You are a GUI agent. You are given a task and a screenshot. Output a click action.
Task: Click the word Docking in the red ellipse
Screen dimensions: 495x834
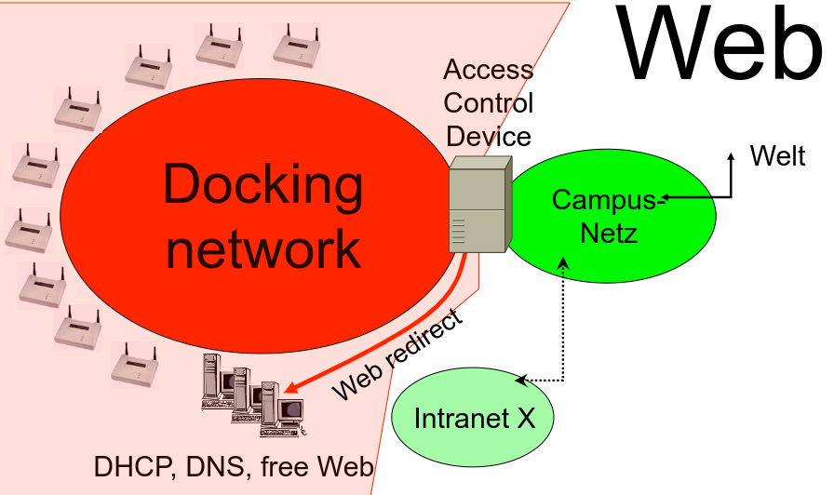[x=263, y=184]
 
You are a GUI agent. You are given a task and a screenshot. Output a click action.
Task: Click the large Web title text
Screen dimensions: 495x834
[x=720, y=44]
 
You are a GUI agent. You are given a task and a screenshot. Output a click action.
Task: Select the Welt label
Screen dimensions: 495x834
[x=777, y=155]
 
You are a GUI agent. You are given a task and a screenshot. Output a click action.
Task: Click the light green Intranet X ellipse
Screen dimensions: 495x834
[x=474, y=418]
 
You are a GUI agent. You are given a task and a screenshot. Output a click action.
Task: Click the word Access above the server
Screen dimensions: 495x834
[x=488, y=70]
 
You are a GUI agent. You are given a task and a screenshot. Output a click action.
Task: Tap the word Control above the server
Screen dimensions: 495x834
[x=489, y=102]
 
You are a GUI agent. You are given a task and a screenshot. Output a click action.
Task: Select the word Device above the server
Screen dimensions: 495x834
[x=489, y=136]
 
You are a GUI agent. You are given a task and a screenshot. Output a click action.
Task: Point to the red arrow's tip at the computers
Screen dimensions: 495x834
[x=289, y=391]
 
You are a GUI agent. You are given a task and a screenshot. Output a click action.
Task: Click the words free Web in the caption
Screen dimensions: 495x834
[x=313, y=466]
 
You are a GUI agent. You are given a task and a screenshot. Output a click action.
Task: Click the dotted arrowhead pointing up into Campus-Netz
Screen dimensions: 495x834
[x=562, y=264]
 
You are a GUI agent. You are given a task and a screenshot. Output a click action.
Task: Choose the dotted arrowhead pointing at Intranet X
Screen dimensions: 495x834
[x=521, y=380]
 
